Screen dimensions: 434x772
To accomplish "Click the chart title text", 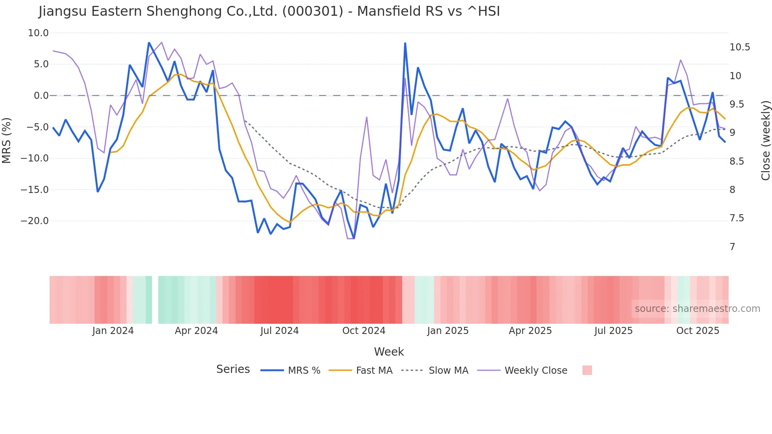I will point(269,11).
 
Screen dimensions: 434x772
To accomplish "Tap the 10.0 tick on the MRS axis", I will point(38,33).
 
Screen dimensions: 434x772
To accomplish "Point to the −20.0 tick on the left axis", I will point(35,221).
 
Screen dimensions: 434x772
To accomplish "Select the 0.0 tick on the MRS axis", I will point(41,96).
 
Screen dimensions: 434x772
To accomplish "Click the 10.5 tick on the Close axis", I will point(740,47).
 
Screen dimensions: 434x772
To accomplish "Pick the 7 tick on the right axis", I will point(732,247).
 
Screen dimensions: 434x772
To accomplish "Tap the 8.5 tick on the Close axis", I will point(737,161).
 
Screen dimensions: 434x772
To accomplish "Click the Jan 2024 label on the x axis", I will point(113,331).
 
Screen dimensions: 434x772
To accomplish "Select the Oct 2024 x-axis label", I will point(364,331).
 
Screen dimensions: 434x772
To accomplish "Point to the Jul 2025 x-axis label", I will point(613,331).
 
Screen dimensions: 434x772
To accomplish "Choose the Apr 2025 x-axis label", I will point(530,331).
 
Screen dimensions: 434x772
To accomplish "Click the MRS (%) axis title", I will point(7,140).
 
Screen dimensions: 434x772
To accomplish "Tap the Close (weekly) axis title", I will point(765,141).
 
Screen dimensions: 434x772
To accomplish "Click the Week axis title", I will point(389,352).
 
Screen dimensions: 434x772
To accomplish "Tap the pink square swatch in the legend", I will point(587,370).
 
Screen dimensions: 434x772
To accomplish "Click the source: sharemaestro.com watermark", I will point(697,309).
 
